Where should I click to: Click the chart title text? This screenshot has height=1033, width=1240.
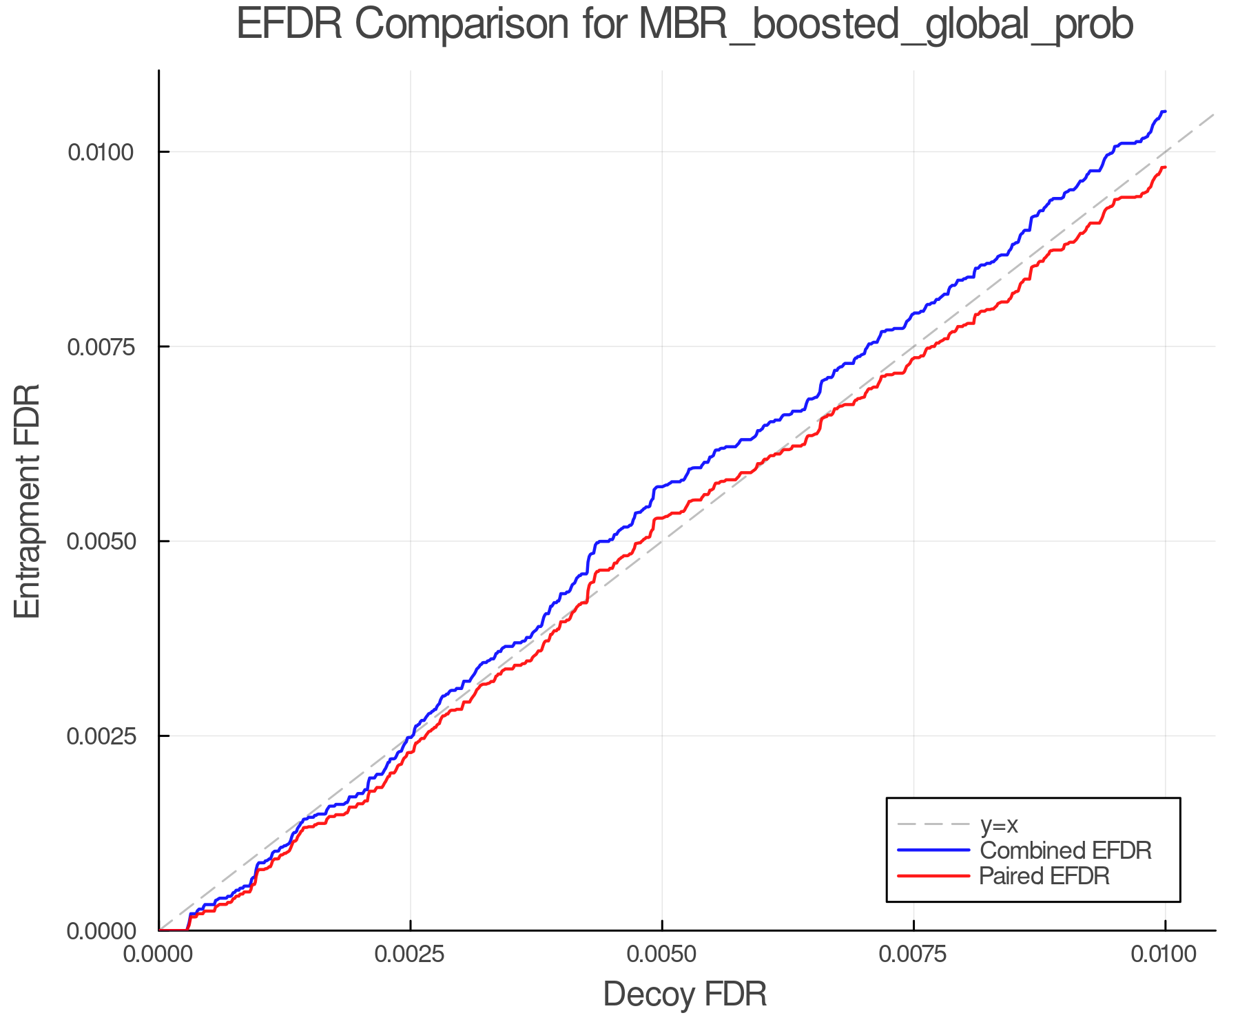click(x=685, y=25)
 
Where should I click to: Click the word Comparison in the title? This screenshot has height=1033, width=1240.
click(x=462, y=25)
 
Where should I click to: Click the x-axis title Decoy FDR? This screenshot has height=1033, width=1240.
click(x=685, y=994)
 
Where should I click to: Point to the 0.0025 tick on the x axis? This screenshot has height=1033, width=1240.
click(x=411, y=954)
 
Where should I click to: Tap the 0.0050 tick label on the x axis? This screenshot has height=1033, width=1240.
click(x=662, y=954)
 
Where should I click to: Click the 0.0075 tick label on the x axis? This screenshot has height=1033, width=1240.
click(x=913, y=954)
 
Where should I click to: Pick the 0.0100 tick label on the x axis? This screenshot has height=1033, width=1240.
click(x=1165, y=954)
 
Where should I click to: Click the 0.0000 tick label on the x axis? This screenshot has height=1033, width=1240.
click(x=159, y=954)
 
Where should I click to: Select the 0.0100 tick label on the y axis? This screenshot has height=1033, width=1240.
click(x=100, y=152)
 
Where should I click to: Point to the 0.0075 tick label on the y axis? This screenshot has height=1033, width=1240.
click(x=100, y=346)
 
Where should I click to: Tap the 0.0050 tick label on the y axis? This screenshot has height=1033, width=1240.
click(x=100, y=541)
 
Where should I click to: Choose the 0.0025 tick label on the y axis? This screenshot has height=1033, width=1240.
click(x=100, y=735)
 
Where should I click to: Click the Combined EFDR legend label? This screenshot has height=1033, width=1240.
click(x=1065, y=851)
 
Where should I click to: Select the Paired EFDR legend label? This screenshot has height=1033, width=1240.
click(x=1044, y=876)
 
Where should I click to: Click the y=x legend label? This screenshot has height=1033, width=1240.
click(x=999, y=824)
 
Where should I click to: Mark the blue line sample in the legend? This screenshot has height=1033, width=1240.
click(x=933, y=851)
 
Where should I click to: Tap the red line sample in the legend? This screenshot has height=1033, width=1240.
click(x=933, y=876)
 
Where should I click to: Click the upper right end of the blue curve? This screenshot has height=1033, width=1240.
click(x=1164, y=112)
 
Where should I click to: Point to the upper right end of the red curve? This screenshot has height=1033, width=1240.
click(x=1164, y=167)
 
